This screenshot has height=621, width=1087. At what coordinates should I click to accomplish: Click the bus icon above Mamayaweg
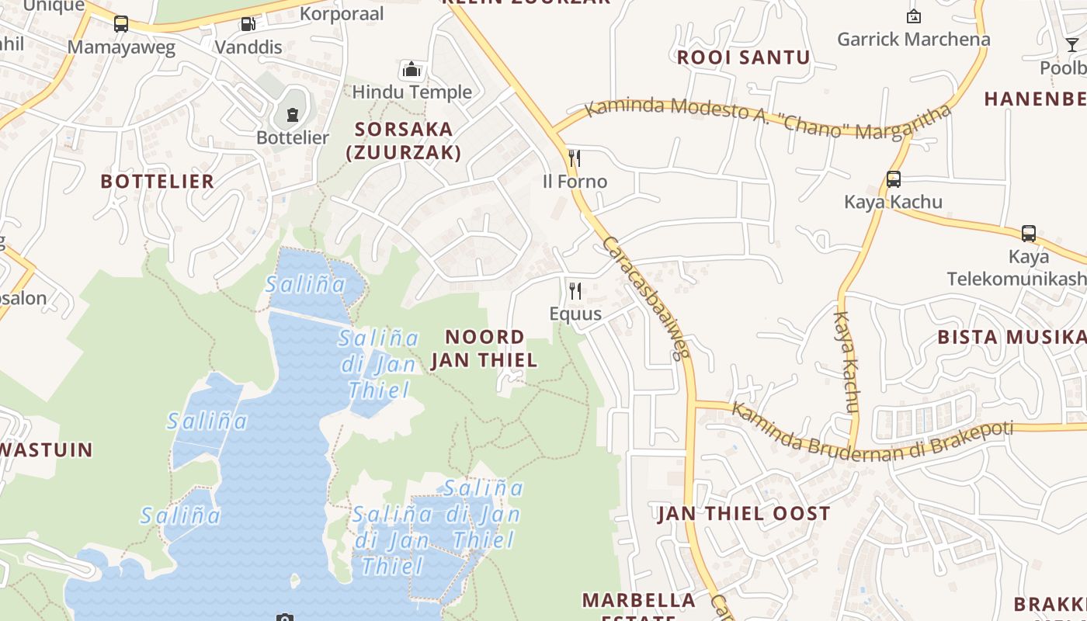pos(121,24)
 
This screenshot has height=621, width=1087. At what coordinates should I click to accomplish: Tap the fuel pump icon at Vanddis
pos(248,24)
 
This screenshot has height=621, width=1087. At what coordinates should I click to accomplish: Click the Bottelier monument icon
pos(293,116)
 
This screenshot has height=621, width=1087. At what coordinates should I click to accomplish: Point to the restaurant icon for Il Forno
pos(575,159)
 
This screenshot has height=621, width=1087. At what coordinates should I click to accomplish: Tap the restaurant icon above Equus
pos(575,291)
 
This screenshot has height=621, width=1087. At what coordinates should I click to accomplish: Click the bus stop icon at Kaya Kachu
pos(894,179)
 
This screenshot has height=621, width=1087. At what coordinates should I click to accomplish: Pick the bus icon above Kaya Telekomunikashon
pos(1029,234)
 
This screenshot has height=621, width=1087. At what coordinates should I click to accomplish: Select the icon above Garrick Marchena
pos(914,16)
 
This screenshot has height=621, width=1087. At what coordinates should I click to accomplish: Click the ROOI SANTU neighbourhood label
pos(743,57)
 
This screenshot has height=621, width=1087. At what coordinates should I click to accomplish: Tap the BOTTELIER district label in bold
pos(158,182)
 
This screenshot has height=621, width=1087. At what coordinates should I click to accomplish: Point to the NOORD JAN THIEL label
pos(484,349)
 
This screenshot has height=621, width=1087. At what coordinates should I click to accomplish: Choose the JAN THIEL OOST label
pos(744,514)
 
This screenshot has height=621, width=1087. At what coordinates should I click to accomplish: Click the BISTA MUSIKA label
pos(1012,337)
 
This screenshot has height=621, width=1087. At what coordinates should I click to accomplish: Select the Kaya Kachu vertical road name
pos(846,362)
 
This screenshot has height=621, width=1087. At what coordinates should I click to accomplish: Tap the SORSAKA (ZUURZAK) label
pos(404,141)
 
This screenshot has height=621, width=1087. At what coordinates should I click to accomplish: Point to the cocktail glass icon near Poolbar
pos(1072,45)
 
